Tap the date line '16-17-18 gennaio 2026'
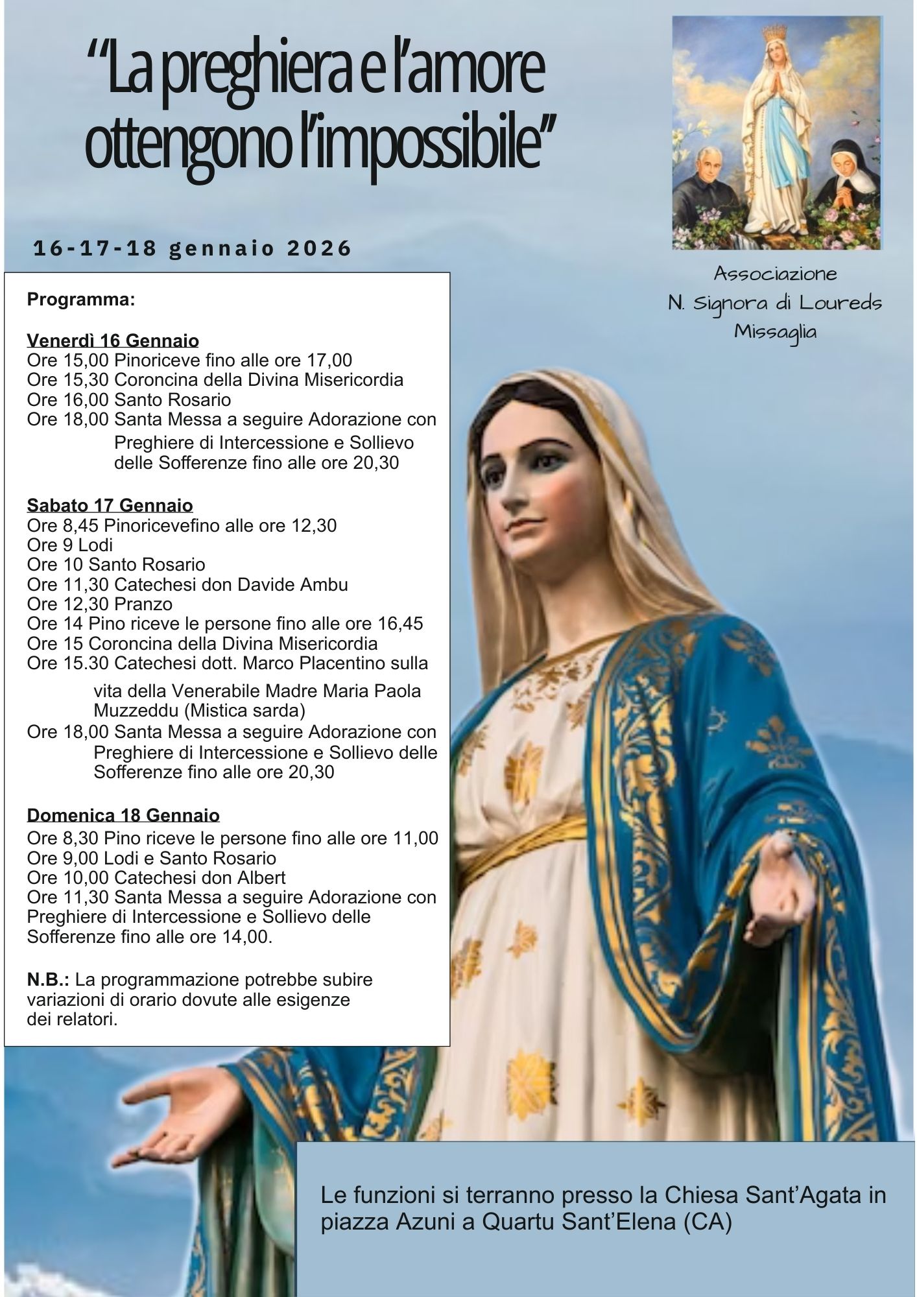pos(193,248)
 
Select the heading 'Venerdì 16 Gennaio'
pos(113,340)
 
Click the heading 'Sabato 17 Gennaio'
pos(110,505)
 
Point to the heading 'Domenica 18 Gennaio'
pos(123,815)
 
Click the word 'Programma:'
pos(81,300)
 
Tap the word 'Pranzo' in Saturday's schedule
pos(143,604)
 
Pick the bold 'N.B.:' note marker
pos(48,979)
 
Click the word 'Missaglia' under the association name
pos(776,331)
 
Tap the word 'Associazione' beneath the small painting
pos(776,274)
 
